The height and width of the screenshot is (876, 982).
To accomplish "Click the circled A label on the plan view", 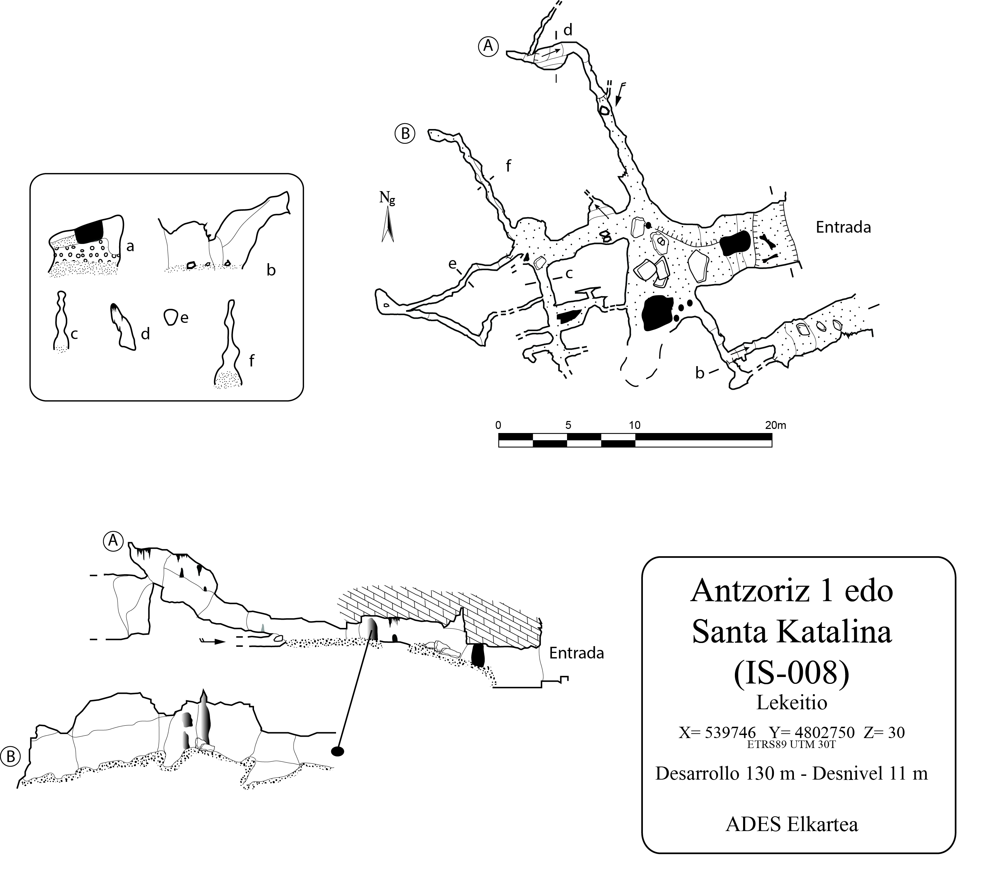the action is [488, 47].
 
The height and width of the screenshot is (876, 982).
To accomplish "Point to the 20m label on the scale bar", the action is [775, 425].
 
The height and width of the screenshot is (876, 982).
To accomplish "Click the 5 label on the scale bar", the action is [568, 425].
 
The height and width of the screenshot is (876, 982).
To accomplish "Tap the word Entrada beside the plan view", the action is [843, 227].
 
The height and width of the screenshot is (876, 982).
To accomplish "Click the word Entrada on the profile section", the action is [577, 653].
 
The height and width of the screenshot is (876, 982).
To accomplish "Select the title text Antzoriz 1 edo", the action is [792, 591].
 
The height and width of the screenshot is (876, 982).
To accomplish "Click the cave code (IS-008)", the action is [792, 674].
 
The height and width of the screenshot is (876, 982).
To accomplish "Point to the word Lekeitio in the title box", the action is [792, 703].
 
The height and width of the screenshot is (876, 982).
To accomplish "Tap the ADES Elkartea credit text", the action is [792, 825].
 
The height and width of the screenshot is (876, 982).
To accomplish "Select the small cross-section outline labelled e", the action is [170, 317].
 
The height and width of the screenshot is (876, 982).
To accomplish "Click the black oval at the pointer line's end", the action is [338, 751].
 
